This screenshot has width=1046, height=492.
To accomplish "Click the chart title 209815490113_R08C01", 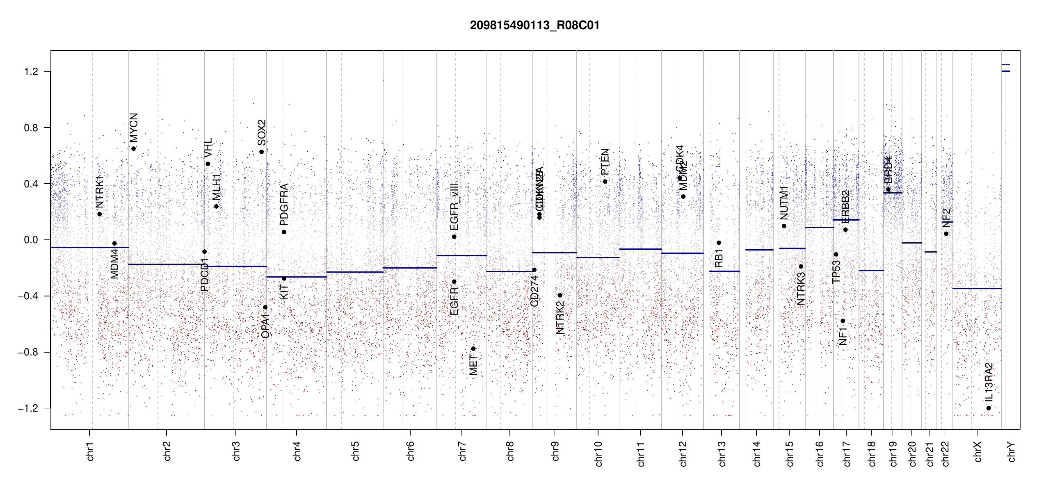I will point(534,25).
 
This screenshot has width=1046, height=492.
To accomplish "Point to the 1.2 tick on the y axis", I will point(31,72).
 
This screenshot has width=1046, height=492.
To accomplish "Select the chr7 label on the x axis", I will point(462,451).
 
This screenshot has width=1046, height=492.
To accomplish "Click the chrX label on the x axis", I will point(977,451).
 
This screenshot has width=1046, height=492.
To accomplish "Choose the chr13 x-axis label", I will point(722,453).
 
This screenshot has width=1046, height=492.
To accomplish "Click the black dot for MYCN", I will point(134,148).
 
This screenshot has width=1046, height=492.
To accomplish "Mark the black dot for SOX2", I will point(262,152).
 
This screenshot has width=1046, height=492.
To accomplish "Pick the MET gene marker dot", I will point(473,348).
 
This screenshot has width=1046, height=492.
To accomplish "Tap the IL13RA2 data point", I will point(989,408).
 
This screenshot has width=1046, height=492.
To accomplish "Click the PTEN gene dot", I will point(605,181).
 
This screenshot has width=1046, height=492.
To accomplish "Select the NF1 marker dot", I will point(843,321).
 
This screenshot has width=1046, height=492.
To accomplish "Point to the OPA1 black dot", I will point(265,307).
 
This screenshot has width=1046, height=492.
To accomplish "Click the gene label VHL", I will point(208,148).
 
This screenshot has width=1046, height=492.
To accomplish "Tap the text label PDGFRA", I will point(284,204).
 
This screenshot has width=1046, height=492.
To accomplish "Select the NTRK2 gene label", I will point(560,318).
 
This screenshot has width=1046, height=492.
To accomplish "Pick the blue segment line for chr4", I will point(297,277).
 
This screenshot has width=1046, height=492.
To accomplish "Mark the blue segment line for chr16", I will point(819,227).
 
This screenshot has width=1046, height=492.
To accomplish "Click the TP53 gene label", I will point(836,271).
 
